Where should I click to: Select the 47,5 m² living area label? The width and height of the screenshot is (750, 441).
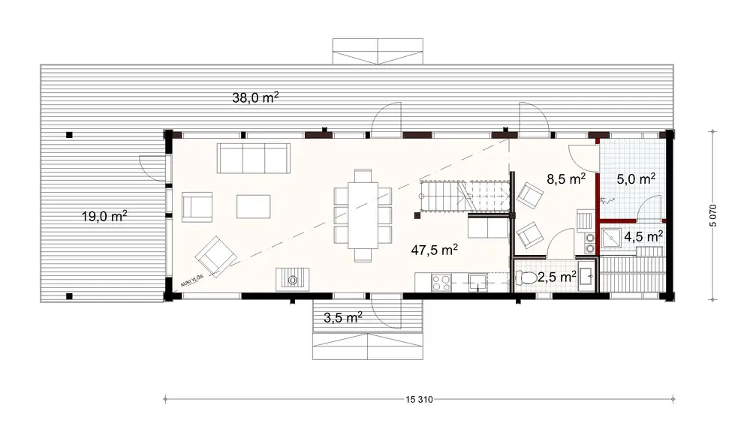435,249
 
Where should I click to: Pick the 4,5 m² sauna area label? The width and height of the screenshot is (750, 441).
644,235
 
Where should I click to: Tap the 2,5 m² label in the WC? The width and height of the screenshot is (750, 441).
557,276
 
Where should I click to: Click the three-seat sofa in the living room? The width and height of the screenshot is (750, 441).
255,157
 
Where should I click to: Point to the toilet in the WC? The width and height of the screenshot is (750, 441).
528,279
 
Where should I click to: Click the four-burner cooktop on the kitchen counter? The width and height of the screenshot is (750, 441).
440,283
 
